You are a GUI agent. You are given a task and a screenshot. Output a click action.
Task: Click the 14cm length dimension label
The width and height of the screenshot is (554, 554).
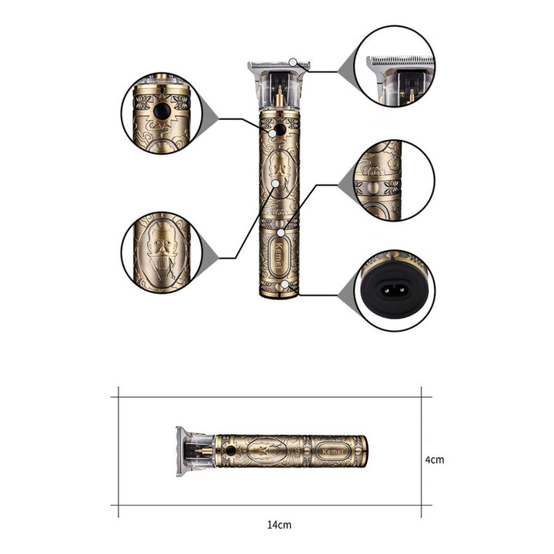279,525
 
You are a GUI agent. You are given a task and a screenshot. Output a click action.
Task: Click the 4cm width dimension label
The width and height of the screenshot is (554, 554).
434,459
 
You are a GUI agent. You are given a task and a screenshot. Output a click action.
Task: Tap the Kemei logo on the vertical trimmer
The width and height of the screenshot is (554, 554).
279,255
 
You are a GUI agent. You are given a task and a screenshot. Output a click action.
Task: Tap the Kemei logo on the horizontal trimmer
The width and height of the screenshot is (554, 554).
332,452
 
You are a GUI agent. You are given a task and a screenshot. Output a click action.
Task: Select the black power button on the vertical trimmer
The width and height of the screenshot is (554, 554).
280,130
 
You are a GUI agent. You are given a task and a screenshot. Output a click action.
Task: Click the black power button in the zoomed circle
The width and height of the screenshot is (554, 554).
162,112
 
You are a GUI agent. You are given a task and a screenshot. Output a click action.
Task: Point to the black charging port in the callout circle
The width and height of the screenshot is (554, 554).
394,290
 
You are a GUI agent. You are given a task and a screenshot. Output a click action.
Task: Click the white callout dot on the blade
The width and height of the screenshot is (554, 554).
292,62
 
